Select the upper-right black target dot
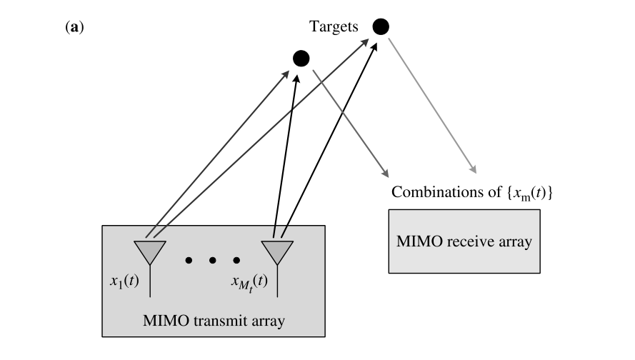380,27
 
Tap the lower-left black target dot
301,58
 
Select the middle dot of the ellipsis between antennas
213,261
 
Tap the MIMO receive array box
464,241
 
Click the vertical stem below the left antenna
150,282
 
